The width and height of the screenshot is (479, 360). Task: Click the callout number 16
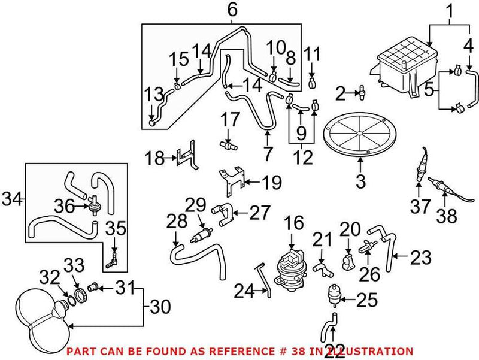tap(291, 224)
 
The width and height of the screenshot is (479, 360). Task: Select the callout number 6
tap(215, 10)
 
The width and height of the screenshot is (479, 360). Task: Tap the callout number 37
tap(420, 207)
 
